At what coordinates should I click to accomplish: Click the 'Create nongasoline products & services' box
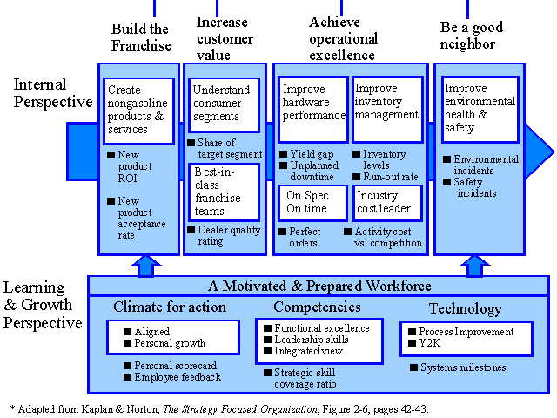click(x=138, y=111)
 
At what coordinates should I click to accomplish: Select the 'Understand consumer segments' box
click(x=224, y=104)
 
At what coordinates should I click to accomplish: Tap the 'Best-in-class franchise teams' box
click(x=224, y=192)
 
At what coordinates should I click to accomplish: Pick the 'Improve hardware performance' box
click(x=313, y=109)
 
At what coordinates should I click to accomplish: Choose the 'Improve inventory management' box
click(x=387, y=109)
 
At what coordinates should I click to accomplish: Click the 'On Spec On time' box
click(x=312, y=203)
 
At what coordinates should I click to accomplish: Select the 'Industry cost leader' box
click(x=387, y=203)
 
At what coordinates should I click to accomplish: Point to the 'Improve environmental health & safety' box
click(x=480, y=110)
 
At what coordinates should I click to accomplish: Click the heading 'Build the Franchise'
click(x=141, y=37)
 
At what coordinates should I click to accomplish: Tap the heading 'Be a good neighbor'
click(x=472, y=36)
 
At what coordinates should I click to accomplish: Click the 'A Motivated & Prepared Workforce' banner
click(x=319, y=286)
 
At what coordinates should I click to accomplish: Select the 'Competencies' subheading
click(x=317, y=307)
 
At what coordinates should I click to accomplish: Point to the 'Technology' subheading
click(x=466, y=308)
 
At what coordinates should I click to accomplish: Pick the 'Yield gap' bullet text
click(x=312, y=154)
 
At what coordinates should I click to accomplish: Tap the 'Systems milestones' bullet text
click(x=463, y=367)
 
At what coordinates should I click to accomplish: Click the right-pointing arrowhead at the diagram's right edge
click(x=540, y=152)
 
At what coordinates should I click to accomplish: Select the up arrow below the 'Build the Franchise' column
click(x=146, y=266)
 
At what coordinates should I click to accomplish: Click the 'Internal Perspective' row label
click(x=53, y=93)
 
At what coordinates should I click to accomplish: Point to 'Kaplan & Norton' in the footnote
click(x=120, y=409)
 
